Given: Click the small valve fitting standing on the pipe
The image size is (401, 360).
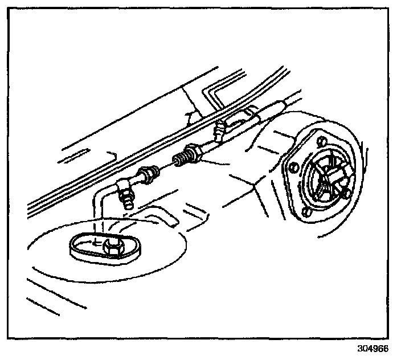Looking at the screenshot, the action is pyautogui.click(x=217, y=133).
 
